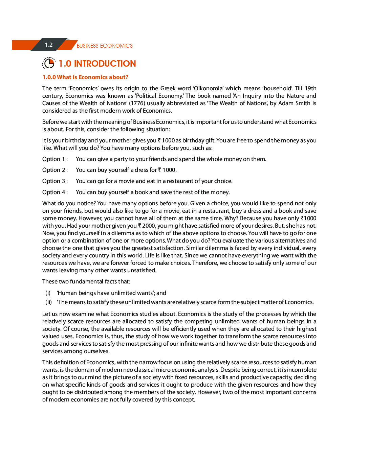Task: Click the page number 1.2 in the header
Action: pyautogui.click(x=49, y=45)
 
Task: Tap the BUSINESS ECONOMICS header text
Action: pyautogui.click(x=105, y=46)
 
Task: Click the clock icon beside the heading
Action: pyautogui.click(x=49, y=63)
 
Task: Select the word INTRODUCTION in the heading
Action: pyautogui.click(x=105, y=64)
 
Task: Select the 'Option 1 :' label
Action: pyautogui.click(x=55, y=159)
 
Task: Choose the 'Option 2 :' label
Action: pyautogui.click(x=55, y=170)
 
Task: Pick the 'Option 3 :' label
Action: pyautogui.click(x=55, y=181)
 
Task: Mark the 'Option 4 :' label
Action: pyautogui.click(x=55, y=192)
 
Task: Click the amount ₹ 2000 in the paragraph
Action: pyautogui.click(x=147, y=226)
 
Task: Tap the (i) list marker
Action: pyautogui.click(x=48, y=293)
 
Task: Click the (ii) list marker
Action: pyautogui.click(x=49, y=302)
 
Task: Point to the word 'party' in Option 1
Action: pyautogui.click(x=121, y=159)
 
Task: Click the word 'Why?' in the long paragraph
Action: pyautogui.click(x=231, y=218)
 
